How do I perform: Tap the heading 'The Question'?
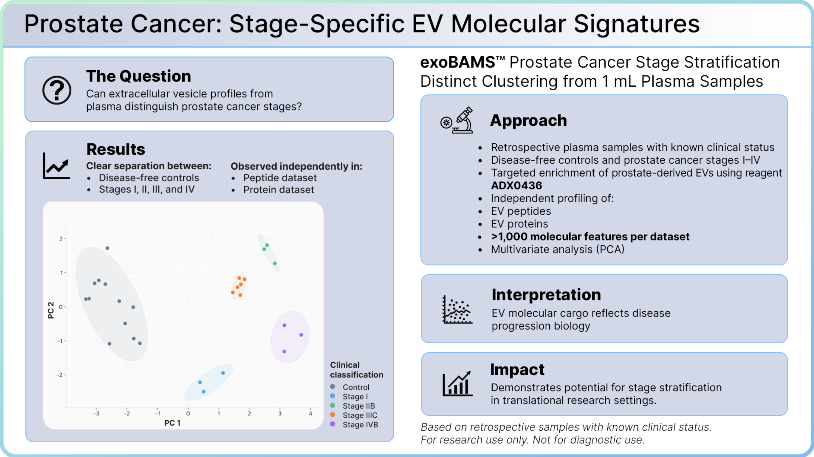138,76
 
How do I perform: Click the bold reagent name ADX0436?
516,185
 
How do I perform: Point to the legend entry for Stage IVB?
354,425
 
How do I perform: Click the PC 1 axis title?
172,423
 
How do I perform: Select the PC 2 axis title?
50,310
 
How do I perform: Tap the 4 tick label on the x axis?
310,413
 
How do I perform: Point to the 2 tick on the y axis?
61,239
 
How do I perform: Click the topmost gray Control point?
107,248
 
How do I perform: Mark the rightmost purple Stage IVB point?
301,335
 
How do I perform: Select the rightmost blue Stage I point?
223,373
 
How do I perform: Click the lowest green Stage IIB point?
275,263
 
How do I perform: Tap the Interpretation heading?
546,294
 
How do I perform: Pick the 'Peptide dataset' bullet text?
280,178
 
